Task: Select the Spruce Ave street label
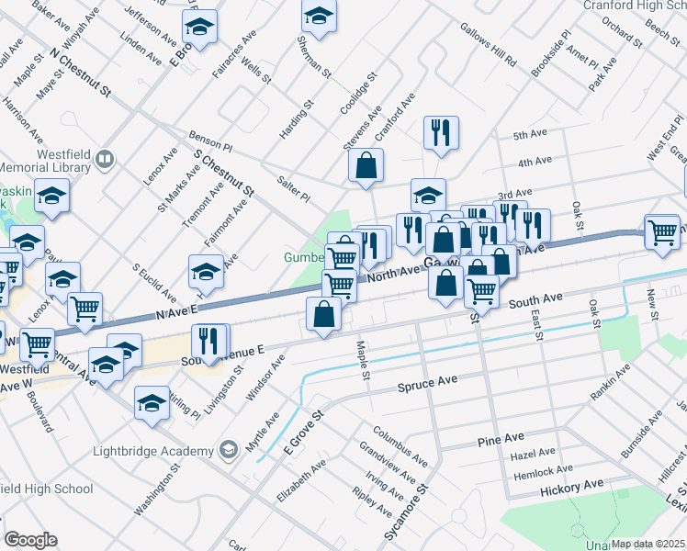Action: coord(427,381)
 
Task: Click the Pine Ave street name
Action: coord(501,442)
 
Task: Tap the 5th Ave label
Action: coord(531,134)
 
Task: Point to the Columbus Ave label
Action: coord(400,444)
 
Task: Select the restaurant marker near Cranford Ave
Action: coord(441,132)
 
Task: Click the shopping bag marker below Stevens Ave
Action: coord(366,166)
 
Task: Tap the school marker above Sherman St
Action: coord(319,16)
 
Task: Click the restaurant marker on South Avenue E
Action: coord(209,341)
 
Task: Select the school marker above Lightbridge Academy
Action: coord(152,402)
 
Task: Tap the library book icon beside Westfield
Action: coord(105,161)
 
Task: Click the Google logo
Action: coord(30,540)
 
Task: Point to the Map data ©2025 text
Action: coord(648,544)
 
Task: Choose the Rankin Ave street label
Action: coord(610,383)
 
